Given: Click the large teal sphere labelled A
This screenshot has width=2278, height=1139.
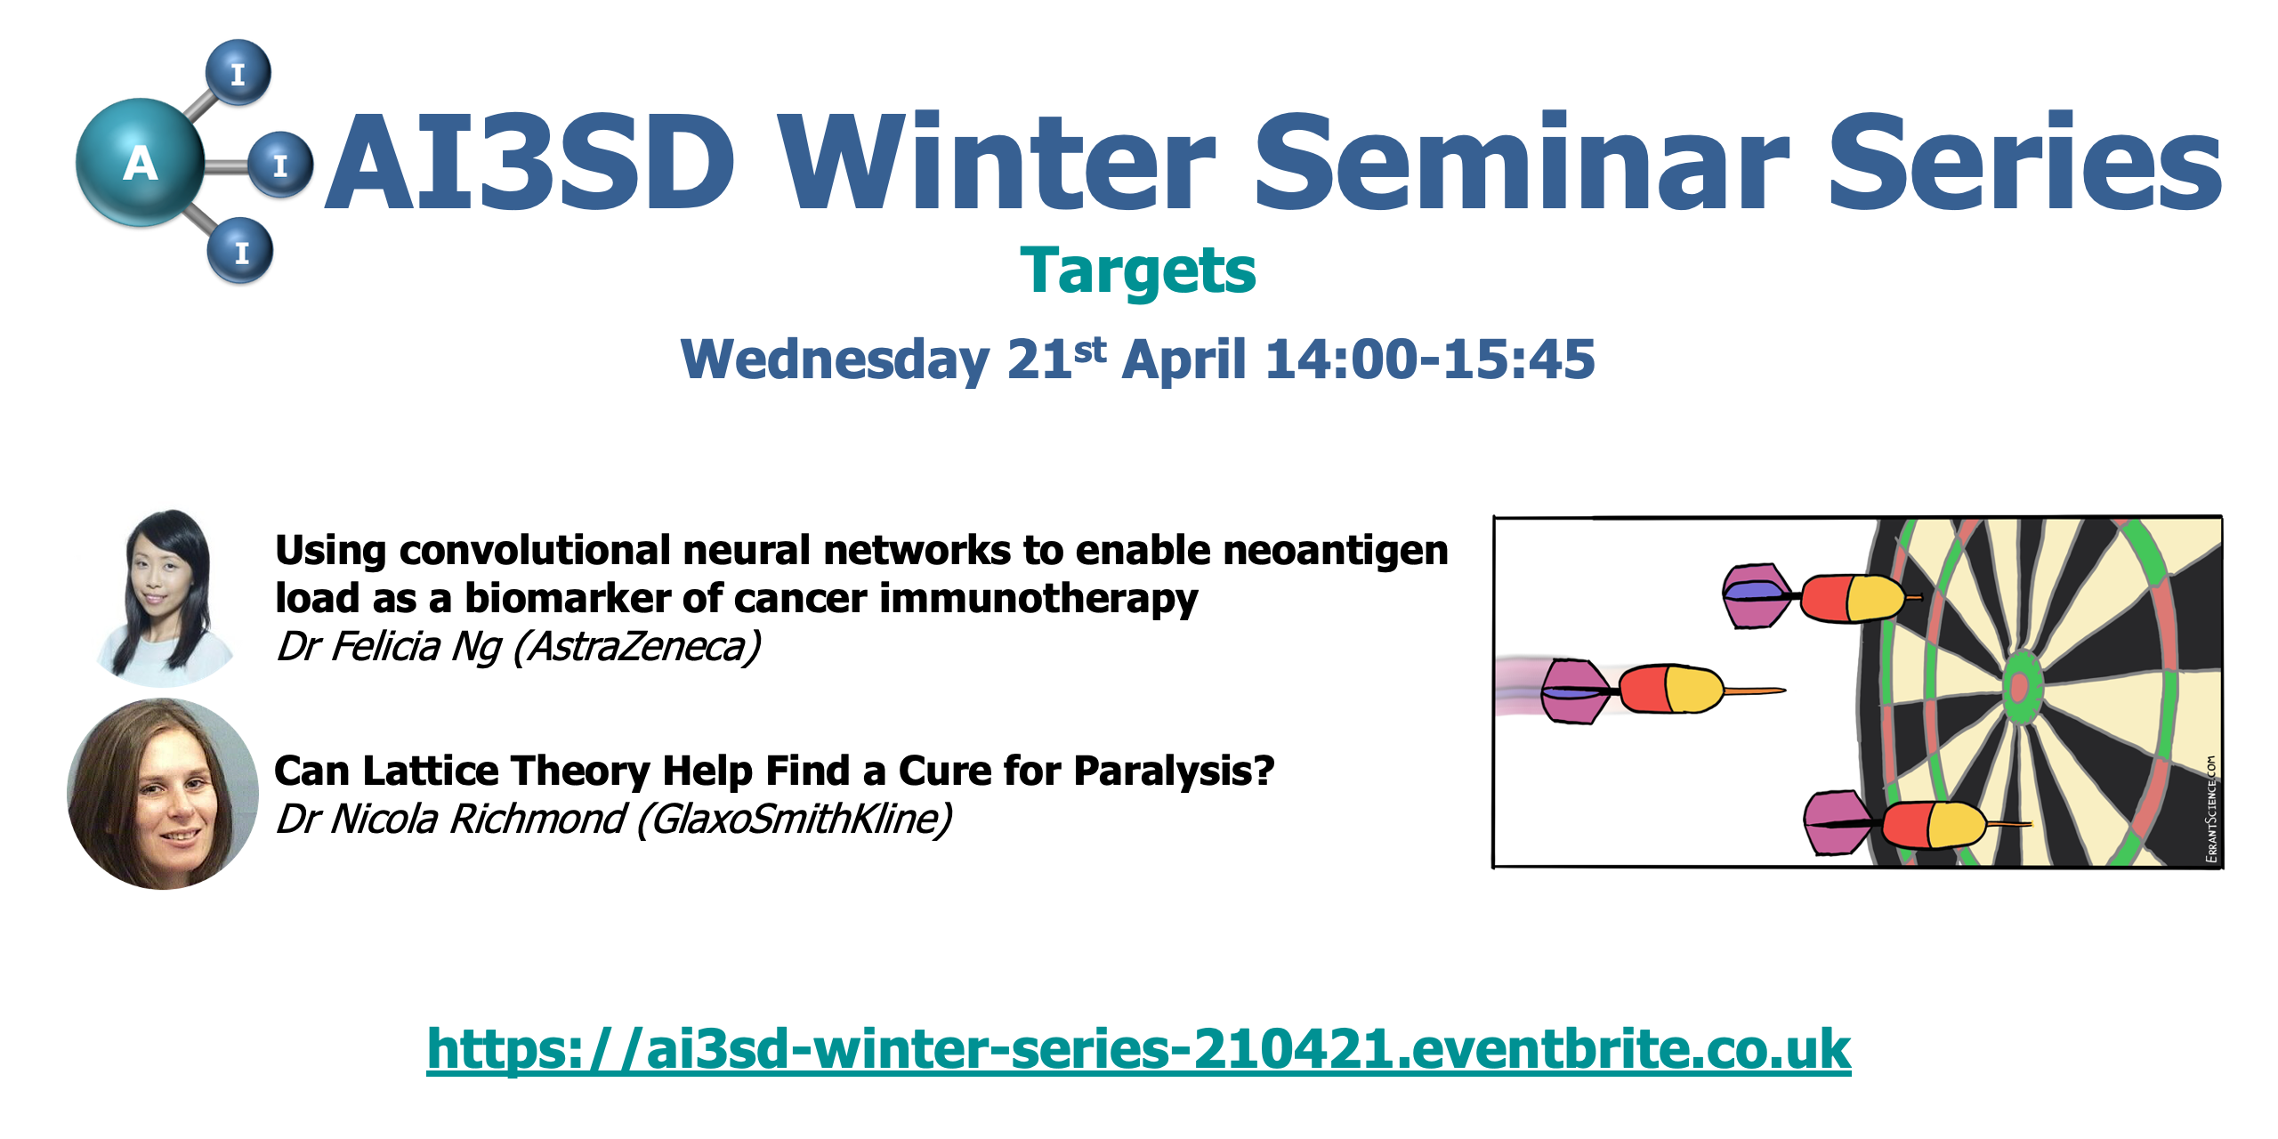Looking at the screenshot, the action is (x=140, y=162).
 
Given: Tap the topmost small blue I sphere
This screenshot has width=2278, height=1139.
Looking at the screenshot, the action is (x=238, y=72).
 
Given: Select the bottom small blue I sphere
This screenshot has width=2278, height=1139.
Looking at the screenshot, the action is (x=240, y=251).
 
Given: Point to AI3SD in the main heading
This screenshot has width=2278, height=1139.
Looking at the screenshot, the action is (x=531, y=162).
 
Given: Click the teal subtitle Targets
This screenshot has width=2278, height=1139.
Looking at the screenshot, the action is (x=1138, y=271).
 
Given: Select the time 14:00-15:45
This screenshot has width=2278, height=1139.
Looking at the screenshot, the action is (x=1430, y=359).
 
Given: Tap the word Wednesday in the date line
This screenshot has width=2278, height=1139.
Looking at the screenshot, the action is (x=835, y=361).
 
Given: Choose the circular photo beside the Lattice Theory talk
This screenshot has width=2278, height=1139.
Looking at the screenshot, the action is (x=163, y=794).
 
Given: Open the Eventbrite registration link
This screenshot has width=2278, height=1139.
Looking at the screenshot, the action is (x=1139, y=1049).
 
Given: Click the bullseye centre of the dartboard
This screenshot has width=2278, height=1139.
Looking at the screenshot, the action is (x=2019, y=687).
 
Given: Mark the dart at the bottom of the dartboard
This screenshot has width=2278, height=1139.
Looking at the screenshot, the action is (x=1917, y=824).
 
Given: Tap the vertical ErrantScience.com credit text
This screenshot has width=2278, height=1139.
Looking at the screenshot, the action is (x=2211, y=808).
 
